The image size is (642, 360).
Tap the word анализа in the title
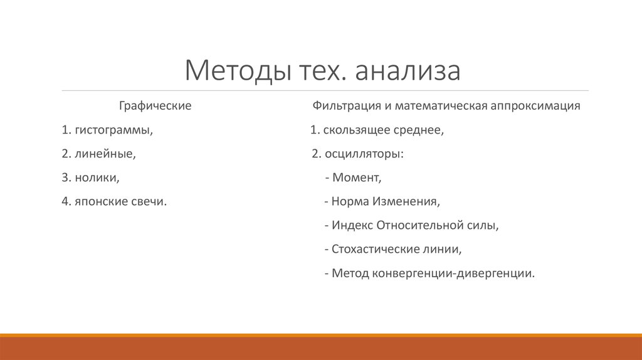(408, 71)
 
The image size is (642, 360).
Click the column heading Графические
(155, 106)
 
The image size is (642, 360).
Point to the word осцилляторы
(364, 154)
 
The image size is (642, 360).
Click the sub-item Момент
(356, 177)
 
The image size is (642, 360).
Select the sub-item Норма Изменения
(386, 201)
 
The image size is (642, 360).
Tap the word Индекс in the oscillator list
(352, 225)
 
